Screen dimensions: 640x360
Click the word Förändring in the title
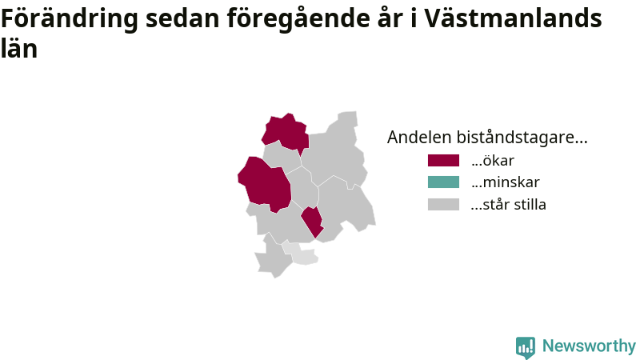[x=70, y=19]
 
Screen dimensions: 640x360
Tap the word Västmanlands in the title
[x=513, y=18]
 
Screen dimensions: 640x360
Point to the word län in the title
[x=19, y=48]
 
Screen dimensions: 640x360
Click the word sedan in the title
[x=182, y=18]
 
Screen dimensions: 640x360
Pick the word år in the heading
[x=390, y=18]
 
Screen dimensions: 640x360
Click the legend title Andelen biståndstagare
[x=487, y=137]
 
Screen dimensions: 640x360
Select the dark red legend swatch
[x=443, y=161]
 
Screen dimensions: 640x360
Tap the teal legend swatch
[x=443, y=182]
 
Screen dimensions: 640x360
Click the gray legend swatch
[x=443, y=204]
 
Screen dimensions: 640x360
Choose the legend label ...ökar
[x=492, y=161]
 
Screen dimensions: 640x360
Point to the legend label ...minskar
[x=506, y=182]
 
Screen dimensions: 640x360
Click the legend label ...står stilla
[x=508, y=204]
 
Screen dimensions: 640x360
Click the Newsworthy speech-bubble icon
[x=526, y=347]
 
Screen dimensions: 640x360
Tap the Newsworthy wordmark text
[x=589, y=346]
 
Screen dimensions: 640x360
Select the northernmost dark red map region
[x=286, y=133]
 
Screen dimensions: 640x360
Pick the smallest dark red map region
[x=313, y=222]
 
